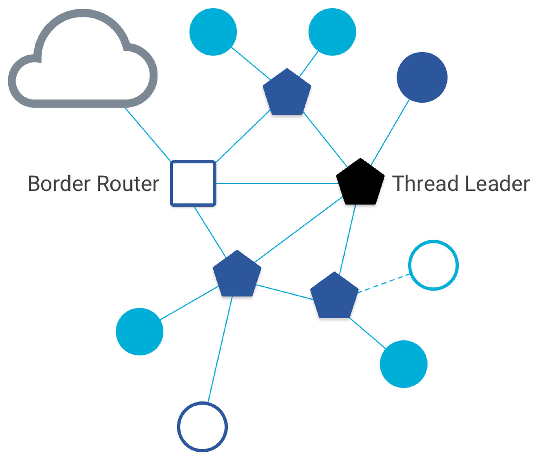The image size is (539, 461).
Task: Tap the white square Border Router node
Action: point(193,183)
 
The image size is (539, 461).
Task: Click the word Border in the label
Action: point(59,184)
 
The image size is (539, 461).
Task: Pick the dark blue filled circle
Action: point(422,77)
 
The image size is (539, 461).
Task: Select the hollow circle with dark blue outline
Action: point(202,427)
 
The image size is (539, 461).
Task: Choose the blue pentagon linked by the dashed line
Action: point(334,297)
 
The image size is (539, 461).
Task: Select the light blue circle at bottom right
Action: point(403,364)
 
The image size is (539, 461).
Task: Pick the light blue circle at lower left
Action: point(139,331)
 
